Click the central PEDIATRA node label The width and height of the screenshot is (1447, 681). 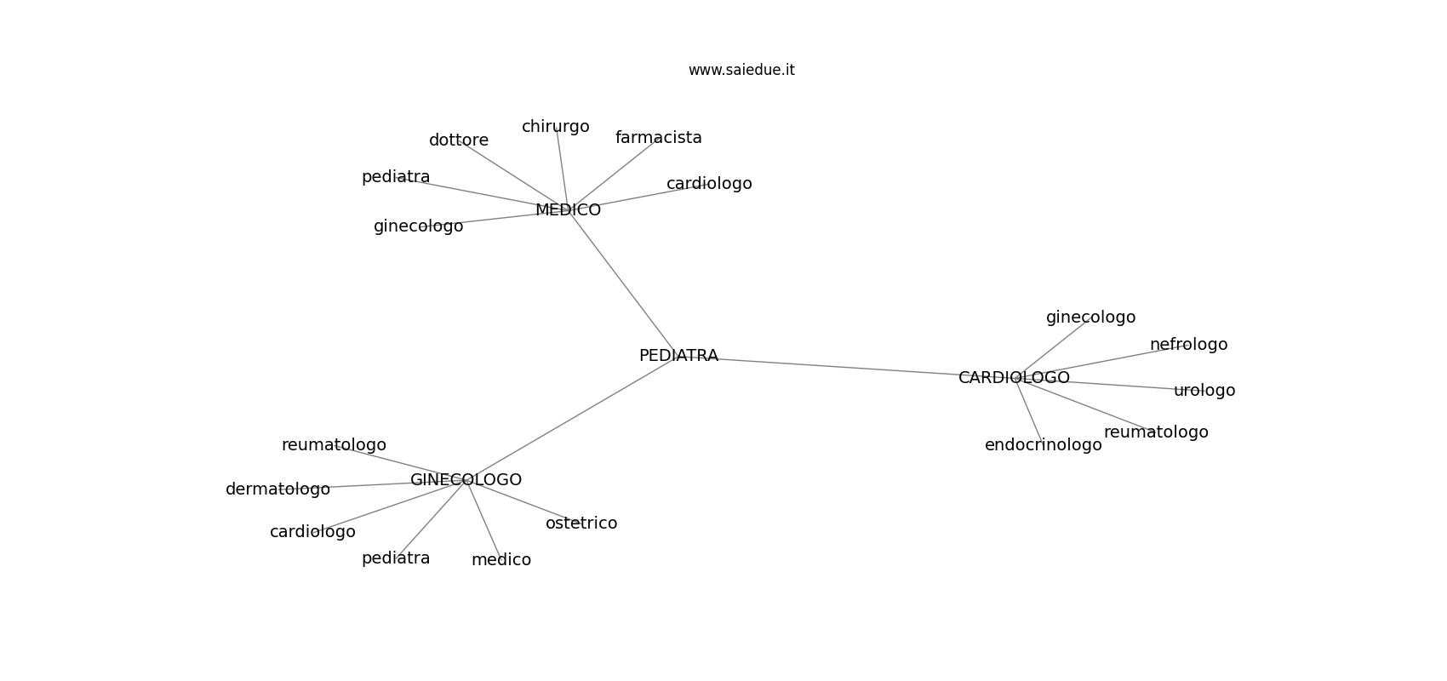[678, 355]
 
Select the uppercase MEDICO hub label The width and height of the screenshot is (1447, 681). [568, 210]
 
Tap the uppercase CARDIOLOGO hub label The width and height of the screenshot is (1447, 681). [1014, 377]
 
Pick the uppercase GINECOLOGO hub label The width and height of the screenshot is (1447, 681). [466, 479]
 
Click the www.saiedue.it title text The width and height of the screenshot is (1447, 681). [741, 70]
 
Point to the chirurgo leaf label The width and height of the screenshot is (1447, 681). [556, 127]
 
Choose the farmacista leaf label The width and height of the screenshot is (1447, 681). [658, 138]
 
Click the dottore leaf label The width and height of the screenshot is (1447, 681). [459, 140]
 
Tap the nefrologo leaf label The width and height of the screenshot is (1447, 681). [1188, 345]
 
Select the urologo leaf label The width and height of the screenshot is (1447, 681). [1204, 390]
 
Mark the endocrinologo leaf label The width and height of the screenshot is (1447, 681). [1044, 445]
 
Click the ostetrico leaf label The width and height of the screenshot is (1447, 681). [581, 524]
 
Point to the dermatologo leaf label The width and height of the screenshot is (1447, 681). [277, 489]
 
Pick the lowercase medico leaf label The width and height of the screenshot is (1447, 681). [501, 560]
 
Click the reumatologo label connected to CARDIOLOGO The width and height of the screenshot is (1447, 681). [1156, 432]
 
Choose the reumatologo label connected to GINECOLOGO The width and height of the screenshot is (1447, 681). [334, 445]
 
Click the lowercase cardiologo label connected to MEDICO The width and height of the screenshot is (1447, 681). [709, 184]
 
